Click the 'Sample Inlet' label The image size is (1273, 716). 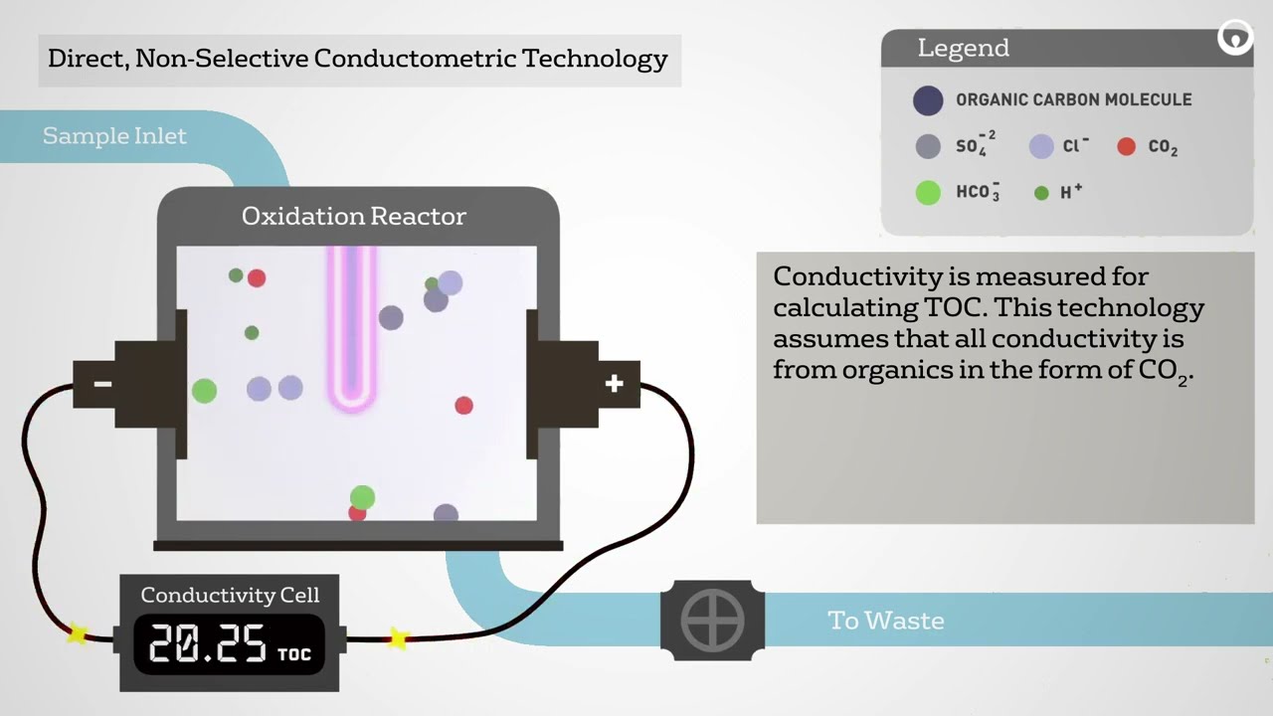(114, 136)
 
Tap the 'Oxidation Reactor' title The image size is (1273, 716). (353, 216)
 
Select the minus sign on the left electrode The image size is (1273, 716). (102, 385)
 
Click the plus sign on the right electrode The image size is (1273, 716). (614, 384)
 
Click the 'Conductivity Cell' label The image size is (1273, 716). (230, 595)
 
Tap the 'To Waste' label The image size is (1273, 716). (885, 621)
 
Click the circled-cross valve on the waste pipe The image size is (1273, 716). (712, 621)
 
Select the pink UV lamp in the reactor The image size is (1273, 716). (352, 328)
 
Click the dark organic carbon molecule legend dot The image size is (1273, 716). (928, 99)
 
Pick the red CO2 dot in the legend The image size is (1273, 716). (1126, 146)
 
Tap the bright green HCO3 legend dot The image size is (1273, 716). (928, 192)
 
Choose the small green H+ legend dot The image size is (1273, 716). (1041, 193)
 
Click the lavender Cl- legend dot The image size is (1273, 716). (1041, 146)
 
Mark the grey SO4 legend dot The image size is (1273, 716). (928, 146)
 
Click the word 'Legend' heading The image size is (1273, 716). (963, 48)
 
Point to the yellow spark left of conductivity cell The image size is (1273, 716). (77, 632)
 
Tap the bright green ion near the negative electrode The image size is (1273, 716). (204, 391)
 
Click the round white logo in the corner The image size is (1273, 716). (1235, 39)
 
